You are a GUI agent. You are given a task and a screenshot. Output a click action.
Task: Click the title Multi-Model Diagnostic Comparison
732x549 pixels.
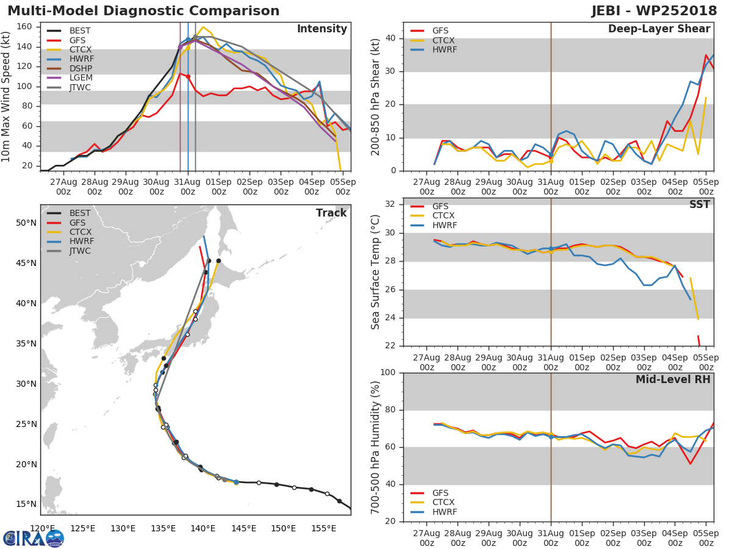(x=143, y=11)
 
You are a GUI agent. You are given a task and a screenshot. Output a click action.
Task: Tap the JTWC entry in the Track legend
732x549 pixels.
(x=81, y=251)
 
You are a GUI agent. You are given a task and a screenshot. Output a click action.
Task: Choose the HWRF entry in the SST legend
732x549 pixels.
(x=443, y=225)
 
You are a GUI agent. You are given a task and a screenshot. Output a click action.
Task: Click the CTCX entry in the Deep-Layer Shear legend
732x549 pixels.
(x=444, y=40)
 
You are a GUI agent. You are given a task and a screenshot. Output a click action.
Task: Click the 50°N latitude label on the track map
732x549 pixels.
(x=26, y=223)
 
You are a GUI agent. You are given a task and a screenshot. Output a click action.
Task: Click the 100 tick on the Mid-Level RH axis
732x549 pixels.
(x=390, y=373)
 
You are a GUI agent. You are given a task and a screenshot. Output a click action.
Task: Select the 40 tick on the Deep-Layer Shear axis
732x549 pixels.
(x=392, y=38)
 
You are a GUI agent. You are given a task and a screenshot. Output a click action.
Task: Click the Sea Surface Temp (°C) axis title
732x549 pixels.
(x=376, y=271)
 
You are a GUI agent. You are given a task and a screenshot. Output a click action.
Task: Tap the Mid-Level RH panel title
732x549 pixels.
(x=673, y=379)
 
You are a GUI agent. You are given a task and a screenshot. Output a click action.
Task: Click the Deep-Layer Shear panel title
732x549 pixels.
(x=659, y=29)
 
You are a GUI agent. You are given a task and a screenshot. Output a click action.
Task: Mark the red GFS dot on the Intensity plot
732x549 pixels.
(x=188, y=76)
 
